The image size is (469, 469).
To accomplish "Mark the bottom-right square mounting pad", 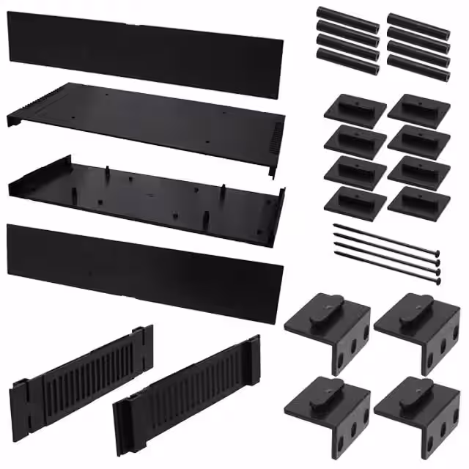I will pos(418,202).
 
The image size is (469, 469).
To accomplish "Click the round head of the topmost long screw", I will pos(437,256).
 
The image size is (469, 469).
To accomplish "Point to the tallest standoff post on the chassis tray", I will pos(108,173).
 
